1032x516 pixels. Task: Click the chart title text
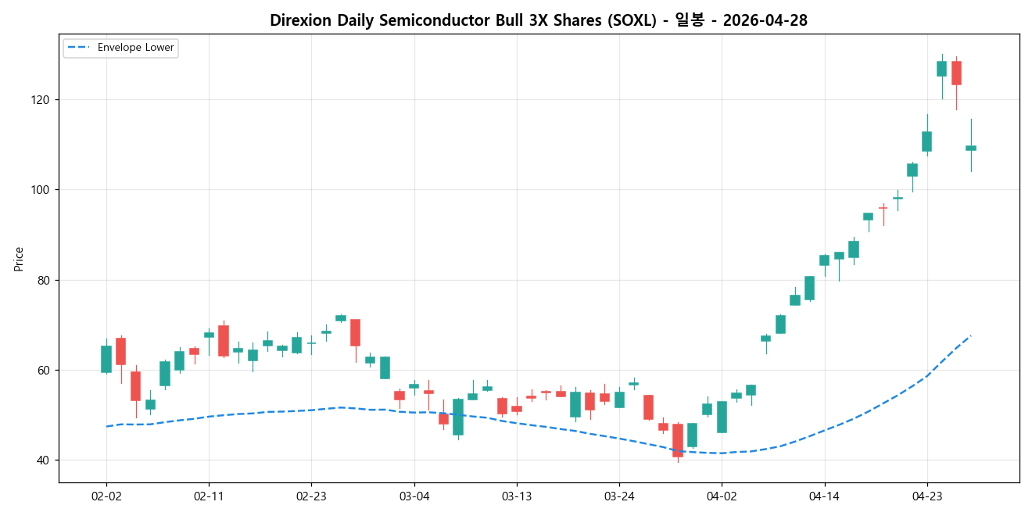coord(539,21)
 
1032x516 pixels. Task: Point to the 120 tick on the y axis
coord(41,100)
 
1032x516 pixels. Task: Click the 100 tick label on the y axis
coord(41,190)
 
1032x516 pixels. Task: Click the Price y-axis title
coord(19,259)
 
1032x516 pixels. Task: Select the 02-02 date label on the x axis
coord(106,496)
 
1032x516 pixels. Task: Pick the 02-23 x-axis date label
coord(311,496)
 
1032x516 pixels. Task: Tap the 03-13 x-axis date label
coord(517,496)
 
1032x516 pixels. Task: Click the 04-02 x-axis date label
coord(722,496)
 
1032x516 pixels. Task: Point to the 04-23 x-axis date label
coord(927,496)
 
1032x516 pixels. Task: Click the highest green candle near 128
coord(941,69)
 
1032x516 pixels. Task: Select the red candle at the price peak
coord(956,73)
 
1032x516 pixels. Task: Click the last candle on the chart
coord(971,148)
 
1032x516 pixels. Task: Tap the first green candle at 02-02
coord(106,359)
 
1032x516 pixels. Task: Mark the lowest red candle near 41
coord(678,440)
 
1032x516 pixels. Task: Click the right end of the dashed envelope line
coord(970,335)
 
